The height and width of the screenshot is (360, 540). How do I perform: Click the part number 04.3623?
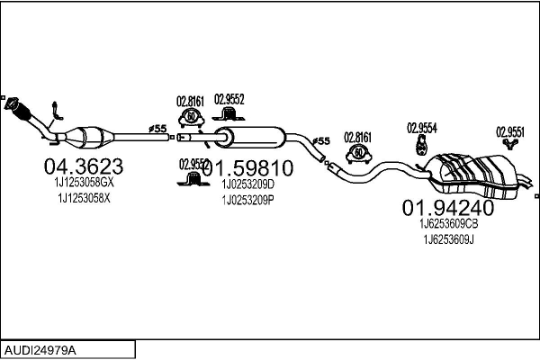click(84, 166)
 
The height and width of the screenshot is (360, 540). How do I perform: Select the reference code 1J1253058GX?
click(84, 182)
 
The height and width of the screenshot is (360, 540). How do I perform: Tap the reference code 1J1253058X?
click(84, 197)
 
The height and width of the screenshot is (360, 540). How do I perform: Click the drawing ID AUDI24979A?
click(41, 348)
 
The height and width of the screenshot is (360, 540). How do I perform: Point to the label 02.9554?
click(421, 128)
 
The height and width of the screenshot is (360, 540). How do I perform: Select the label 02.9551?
click(511, 130)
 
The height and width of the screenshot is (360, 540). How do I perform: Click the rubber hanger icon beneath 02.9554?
click(420, 146)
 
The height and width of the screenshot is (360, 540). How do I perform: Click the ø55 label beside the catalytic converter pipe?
click(158, 129)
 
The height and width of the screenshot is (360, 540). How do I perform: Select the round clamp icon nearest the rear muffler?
click(358, 152)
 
